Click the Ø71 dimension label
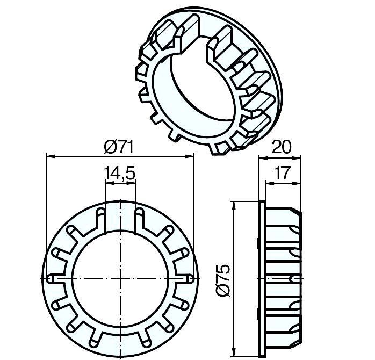coord(119,147)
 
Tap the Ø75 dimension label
coord(223,280)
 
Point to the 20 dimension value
coord(282,147)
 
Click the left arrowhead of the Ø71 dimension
coord(51,156)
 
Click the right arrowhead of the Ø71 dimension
coord(190,156)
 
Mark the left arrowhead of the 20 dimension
coord(264,157)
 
